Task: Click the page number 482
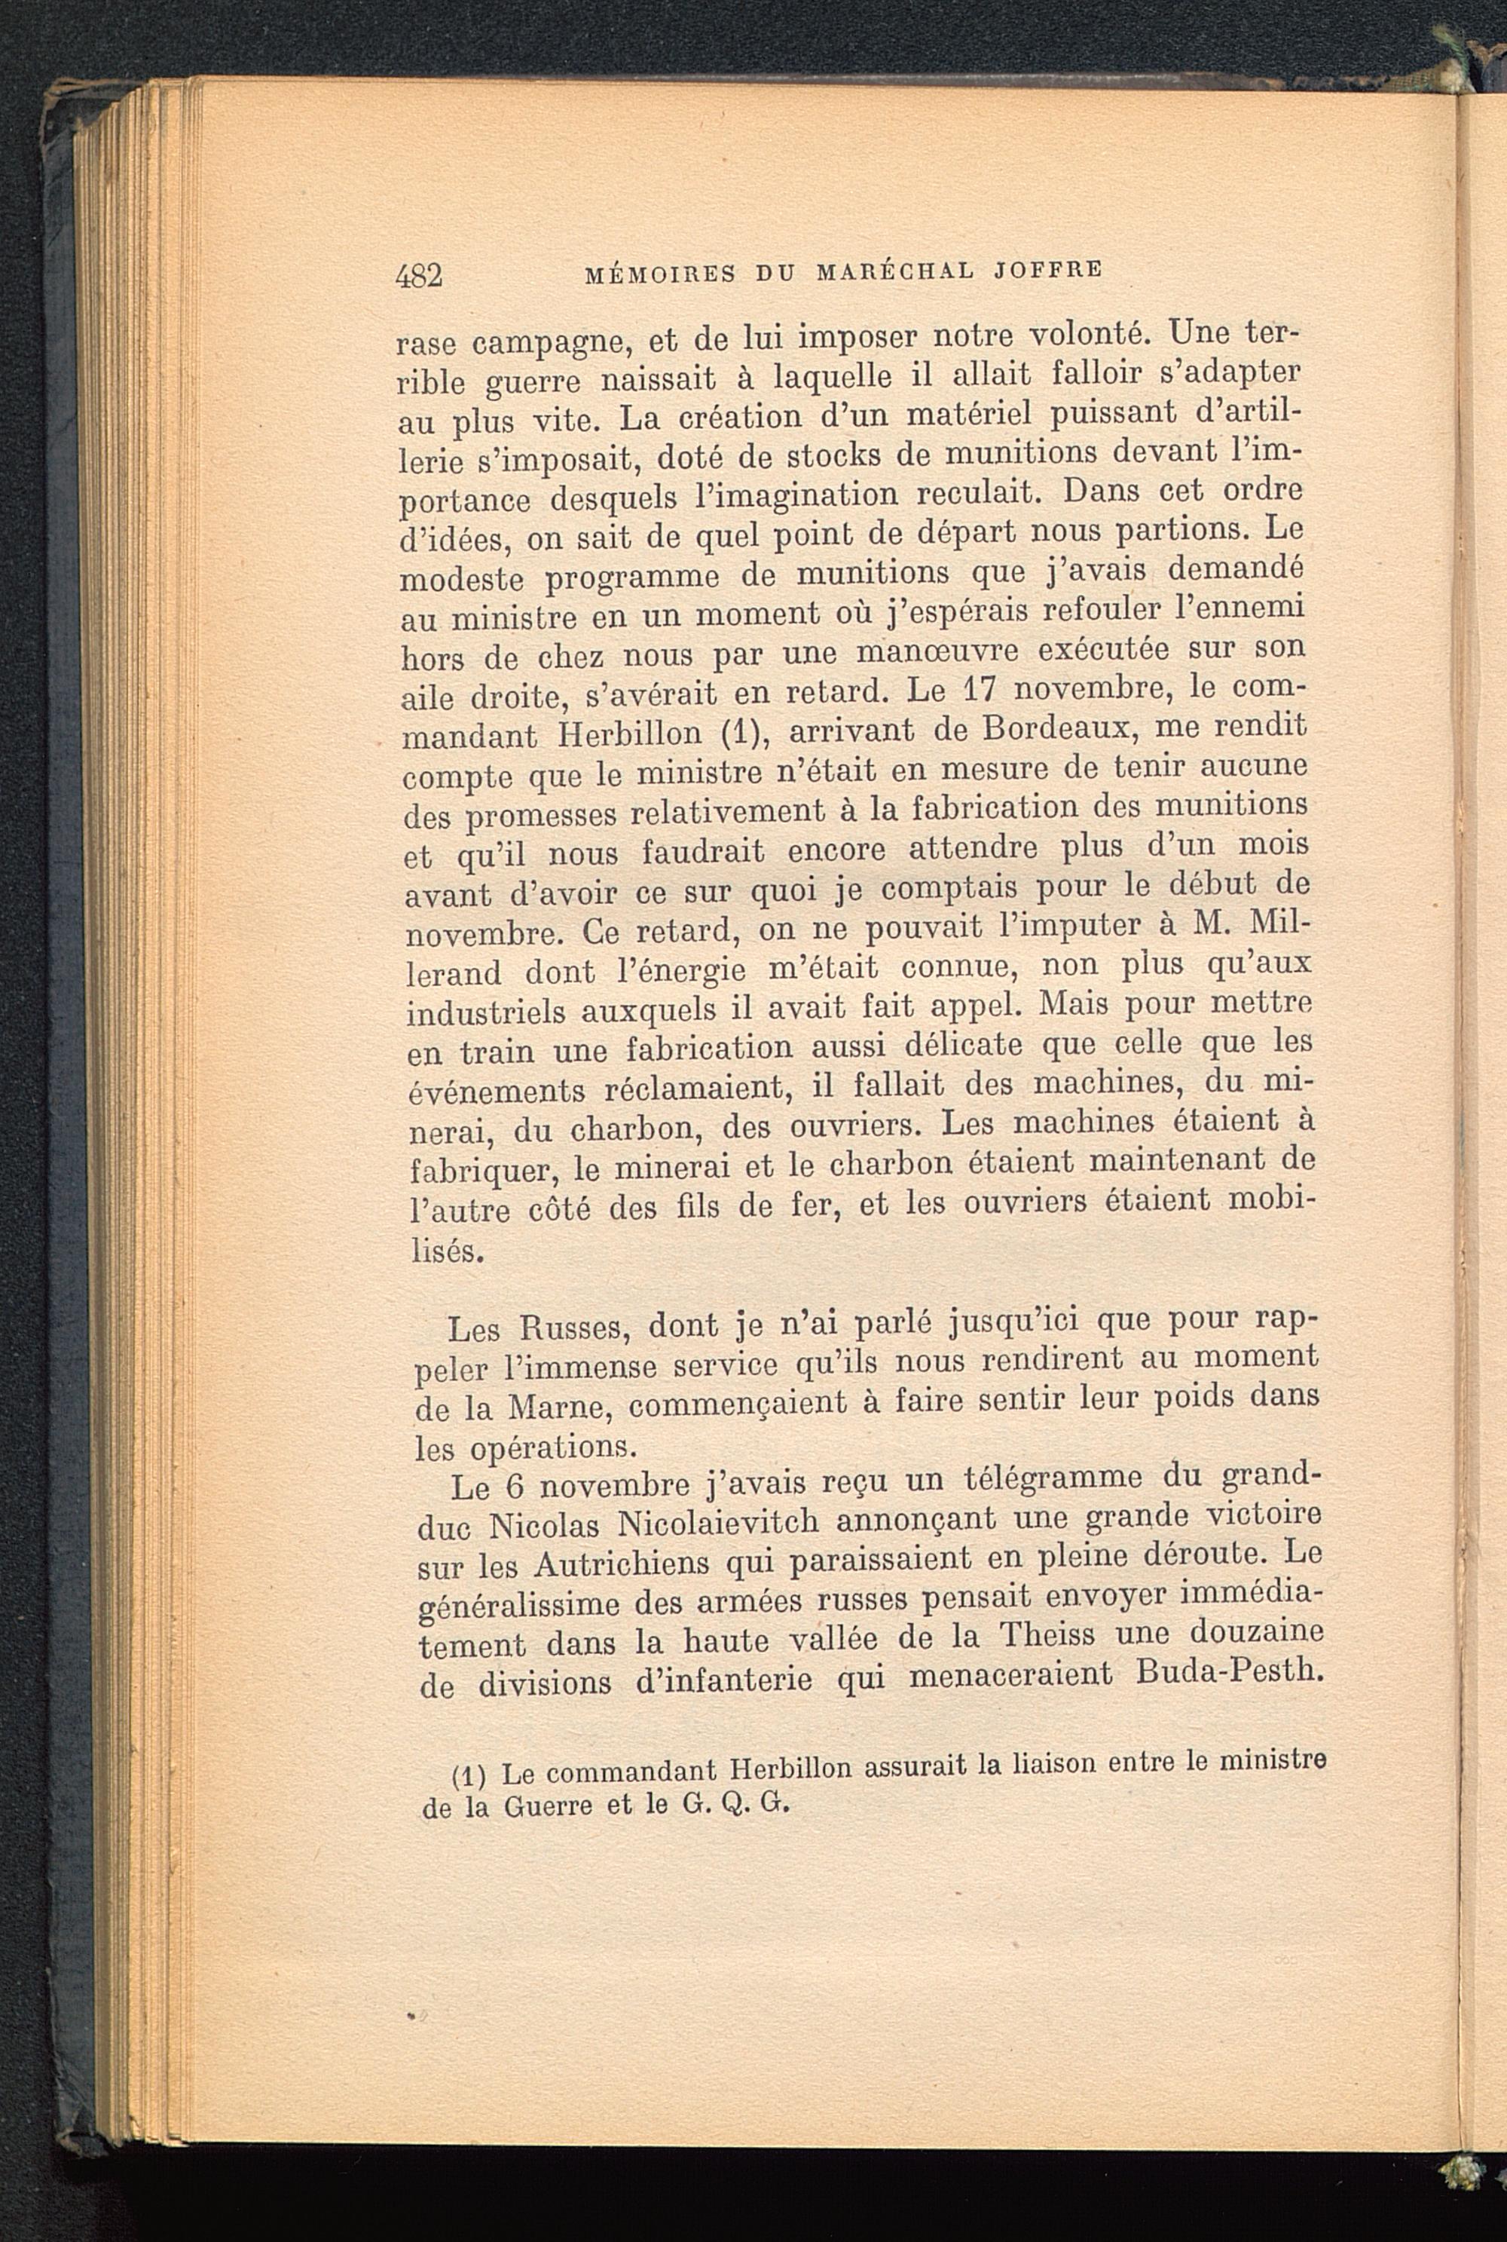(x=419, y=276)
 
